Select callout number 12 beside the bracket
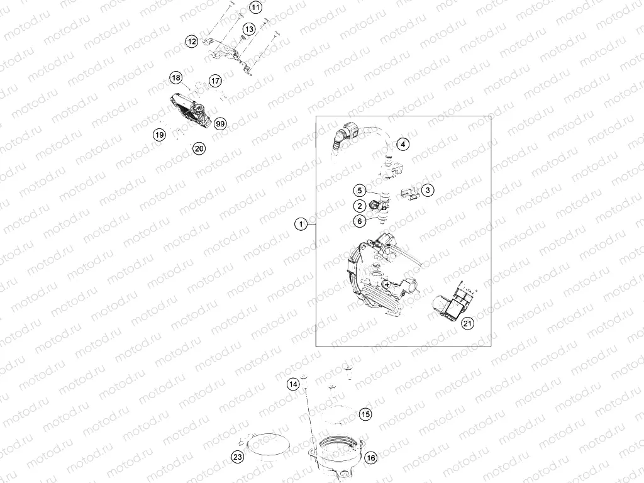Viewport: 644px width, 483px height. pos(191,42)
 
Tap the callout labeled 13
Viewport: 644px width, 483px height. pos(249,30)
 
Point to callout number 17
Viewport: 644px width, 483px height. pos(216,81)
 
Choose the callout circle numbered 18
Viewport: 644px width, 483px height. pos(176,78)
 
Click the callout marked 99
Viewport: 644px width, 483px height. pos(219,123)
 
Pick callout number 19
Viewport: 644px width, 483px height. pos(160,135)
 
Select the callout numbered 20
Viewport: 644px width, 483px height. pos(199,149)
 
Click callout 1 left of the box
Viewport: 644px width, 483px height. pos(302,223)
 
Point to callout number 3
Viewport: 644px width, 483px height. pos(428,189)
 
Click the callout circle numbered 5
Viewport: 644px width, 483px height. pos(358,190)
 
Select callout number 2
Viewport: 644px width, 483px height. pos(358,206)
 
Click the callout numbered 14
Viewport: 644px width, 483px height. pos(293,384)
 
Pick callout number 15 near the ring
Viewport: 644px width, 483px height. pos(365,414)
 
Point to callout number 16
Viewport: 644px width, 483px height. pos(370,458)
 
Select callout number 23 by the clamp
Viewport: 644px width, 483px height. pos(236,458)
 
